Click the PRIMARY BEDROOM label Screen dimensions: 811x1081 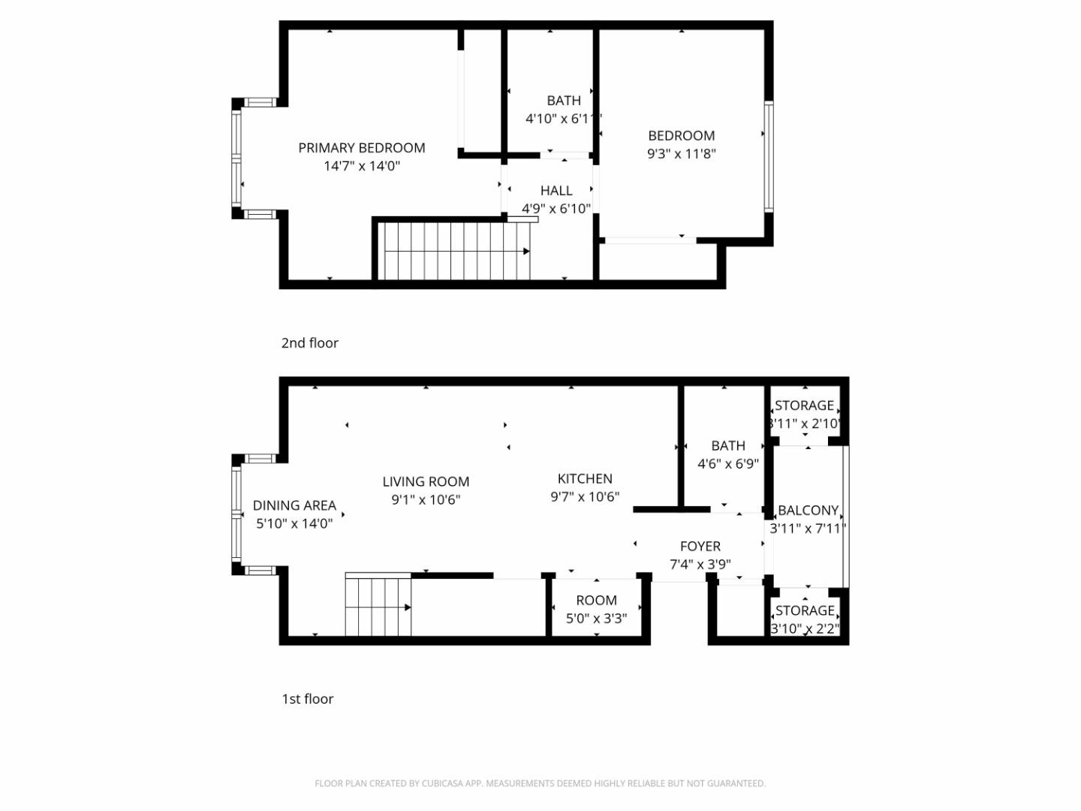coord(361,148)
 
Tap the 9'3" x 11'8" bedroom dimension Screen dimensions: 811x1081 coord(682,154)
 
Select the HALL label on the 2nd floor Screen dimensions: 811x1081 coord(556,191)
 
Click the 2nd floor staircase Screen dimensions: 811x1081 coord(453,251)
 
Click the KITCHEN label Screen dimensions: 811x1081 coord(585,479)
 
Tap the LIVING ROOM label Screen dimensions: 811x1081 coord(426,482)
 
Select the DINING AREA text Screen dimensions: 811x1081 coord(294,506)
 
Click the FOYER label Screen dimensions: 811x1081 coord(700,547)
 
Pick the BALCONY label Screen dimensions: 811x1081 coord(808,511)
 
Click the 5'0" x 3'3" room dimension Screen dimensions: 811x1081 coord(596,619)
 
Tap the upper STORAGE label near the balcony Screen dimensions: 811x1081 coord(804,406)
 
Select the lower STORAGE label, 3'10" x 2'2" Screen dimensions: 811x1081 coord(805,611)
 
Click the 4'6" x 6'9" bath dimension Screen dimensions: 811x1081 coord(728,464)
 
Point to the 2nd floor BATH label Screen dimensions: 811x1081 coord(564,101)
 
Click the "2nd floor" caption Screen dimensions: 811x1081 coord(309,343)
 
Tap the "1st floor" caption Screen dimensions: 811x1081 coord(307,699)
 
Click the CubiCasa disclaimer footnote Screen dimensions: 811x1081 coord(540,783)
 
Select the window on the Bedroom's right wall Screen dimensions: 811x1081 coord(769,155)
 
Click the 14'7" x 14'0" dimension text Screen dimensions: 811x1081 coord(362,166)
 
